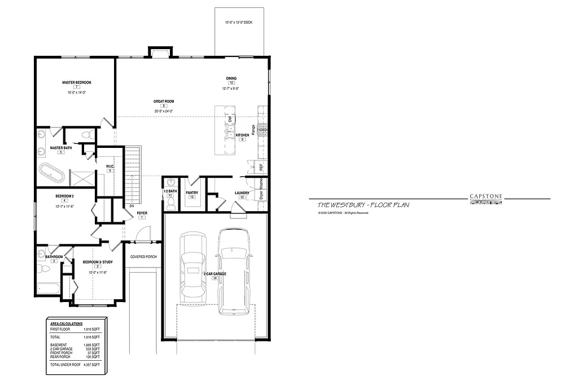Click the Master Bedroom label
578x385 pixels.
76,82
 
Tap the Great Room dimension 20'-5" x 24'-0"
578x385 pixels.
163,111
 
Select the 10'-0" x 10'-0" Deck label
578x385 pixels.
239,23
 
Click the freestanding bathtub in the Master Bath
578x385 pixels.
52,172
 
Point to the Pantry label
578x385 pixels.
192,192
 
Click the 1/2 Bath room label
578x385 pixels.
170,191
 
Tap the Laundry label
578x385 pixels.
242,193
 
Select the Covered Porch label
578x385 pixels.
143,257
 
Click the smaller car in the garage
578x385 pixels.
192,270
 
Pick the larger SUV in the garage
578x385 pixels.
233,271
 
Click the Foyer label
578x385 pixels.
142,213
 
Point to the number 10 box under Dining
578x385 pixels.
231,83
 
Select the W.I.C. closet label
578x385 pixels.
110,166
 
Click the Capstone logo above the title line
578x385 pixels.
487,196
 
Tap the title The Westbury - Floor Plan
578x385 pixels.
363,205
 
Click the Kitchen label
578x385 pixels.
242,135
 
